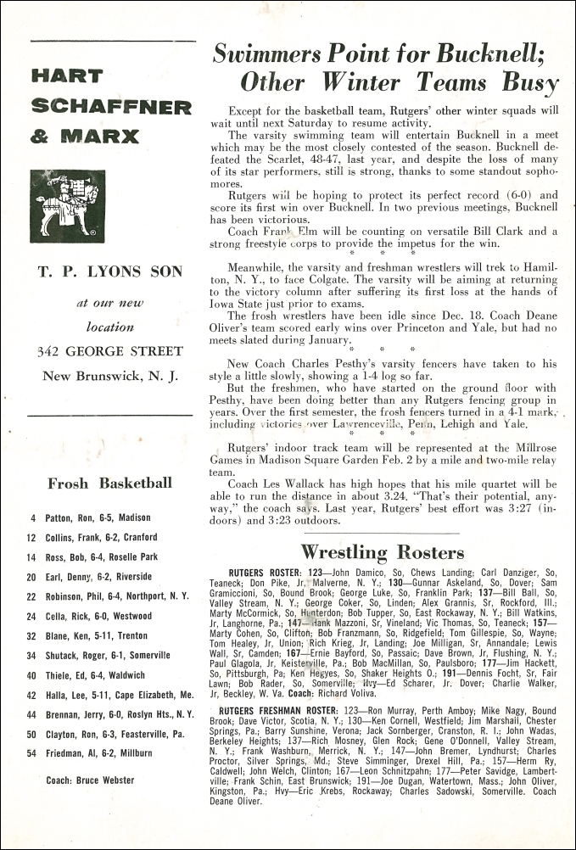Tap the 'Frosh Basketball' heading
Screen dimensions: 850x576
click(x=109, y=484)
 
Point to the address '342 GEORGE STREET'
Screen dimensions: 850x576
click(x=109, y=351)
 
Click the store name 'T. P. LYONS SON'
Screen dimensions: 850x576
click(x=110, y=271)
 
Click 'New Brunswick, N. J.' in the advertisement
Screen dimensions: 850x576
click(x=109, y=376)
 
